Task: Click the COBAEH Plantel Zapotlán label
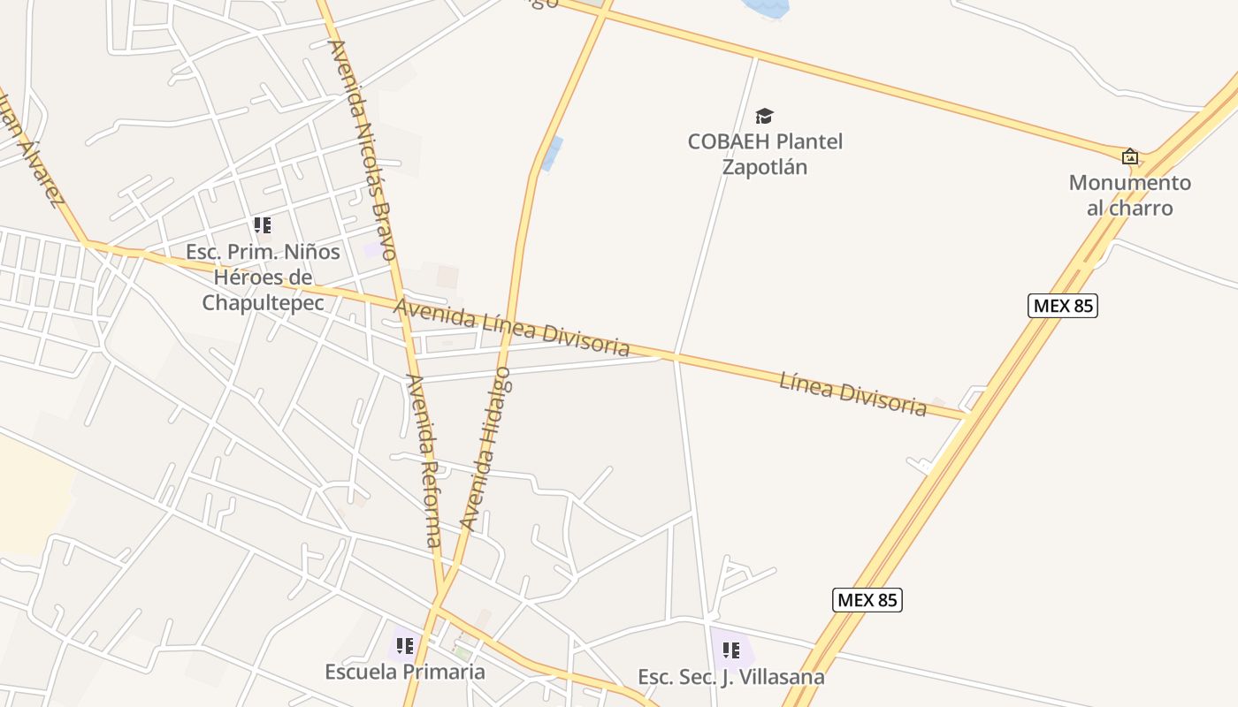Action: (x=765, y=154)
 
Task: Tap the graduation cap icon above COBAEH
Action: (x=765, y=116)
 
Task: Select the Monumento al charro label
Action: (x=1129, y=195)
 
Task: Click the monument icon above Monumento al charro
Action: (x=1130, y=156)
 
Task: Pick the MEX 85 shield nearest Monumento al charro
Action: (x=1062, y=306)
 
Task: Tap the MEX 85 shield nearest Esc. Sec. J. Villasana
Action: (x=867, y=600)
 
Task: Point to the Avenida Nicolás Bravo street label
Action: (x=362, y=149)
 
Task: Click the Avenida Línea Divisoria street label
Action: (x=512, y=327)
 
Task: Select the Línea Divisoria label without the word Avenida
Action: (x=852, y=394)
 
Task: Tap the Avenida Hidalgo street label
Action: (x=487, y=451)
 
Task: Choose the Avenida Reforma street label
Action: (x=424, y=460)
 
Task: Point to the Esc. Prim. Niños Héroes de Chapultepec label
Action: (x=262, y=277)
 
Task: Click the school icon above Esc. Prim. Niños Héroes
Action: (x=263, y=225)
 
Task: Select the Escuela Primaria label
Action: (x=405, y=672)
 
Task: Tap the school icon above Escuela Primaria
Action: (x=405, y=646)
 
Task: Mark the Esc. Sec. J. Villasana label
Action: (x=731, y=677)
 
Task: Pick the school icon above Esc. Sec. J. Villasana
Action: (x=731, y=651)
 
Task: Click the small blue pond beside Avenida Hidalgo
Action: (x=552, y=154)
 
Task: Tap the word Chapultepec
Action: (x=262, y=302)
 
